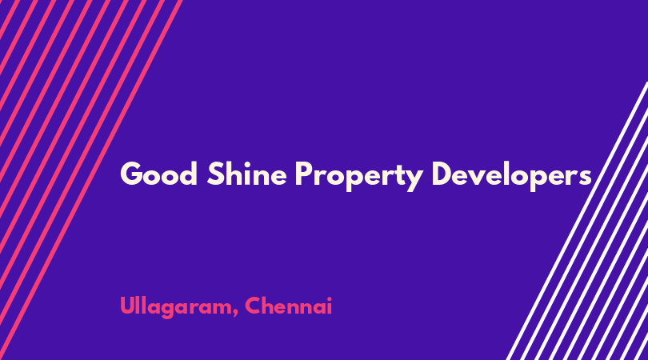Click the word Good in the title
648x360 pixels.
pos(158,174)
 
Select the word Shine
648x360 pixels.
pos(246,173)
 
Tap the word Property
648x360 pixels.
pos(359,176)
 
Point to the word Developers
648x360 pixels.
pos(512,176)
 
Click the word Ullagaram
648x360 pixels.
pos(176,307)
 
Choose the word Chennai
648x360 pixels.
pos(289,306)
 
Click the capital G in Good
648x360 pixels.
pos(131,174)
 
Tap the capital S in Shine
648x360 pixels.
pos(215,174)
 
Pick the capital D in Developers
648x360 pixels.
pos(443,174)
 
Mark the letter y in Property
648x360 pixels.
pos(414,180)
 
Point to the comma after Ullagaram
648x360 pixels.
pos(235,314)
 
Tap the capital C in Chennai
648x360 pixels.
pos(253,306)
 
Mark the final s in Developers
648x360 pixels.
pos(585,177)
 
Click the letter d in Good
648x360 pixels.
pos(189,174)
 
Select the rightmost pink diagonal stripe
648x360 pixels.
pos(91,180)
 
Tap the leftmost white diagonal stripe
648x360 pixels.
pos(577,221)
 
